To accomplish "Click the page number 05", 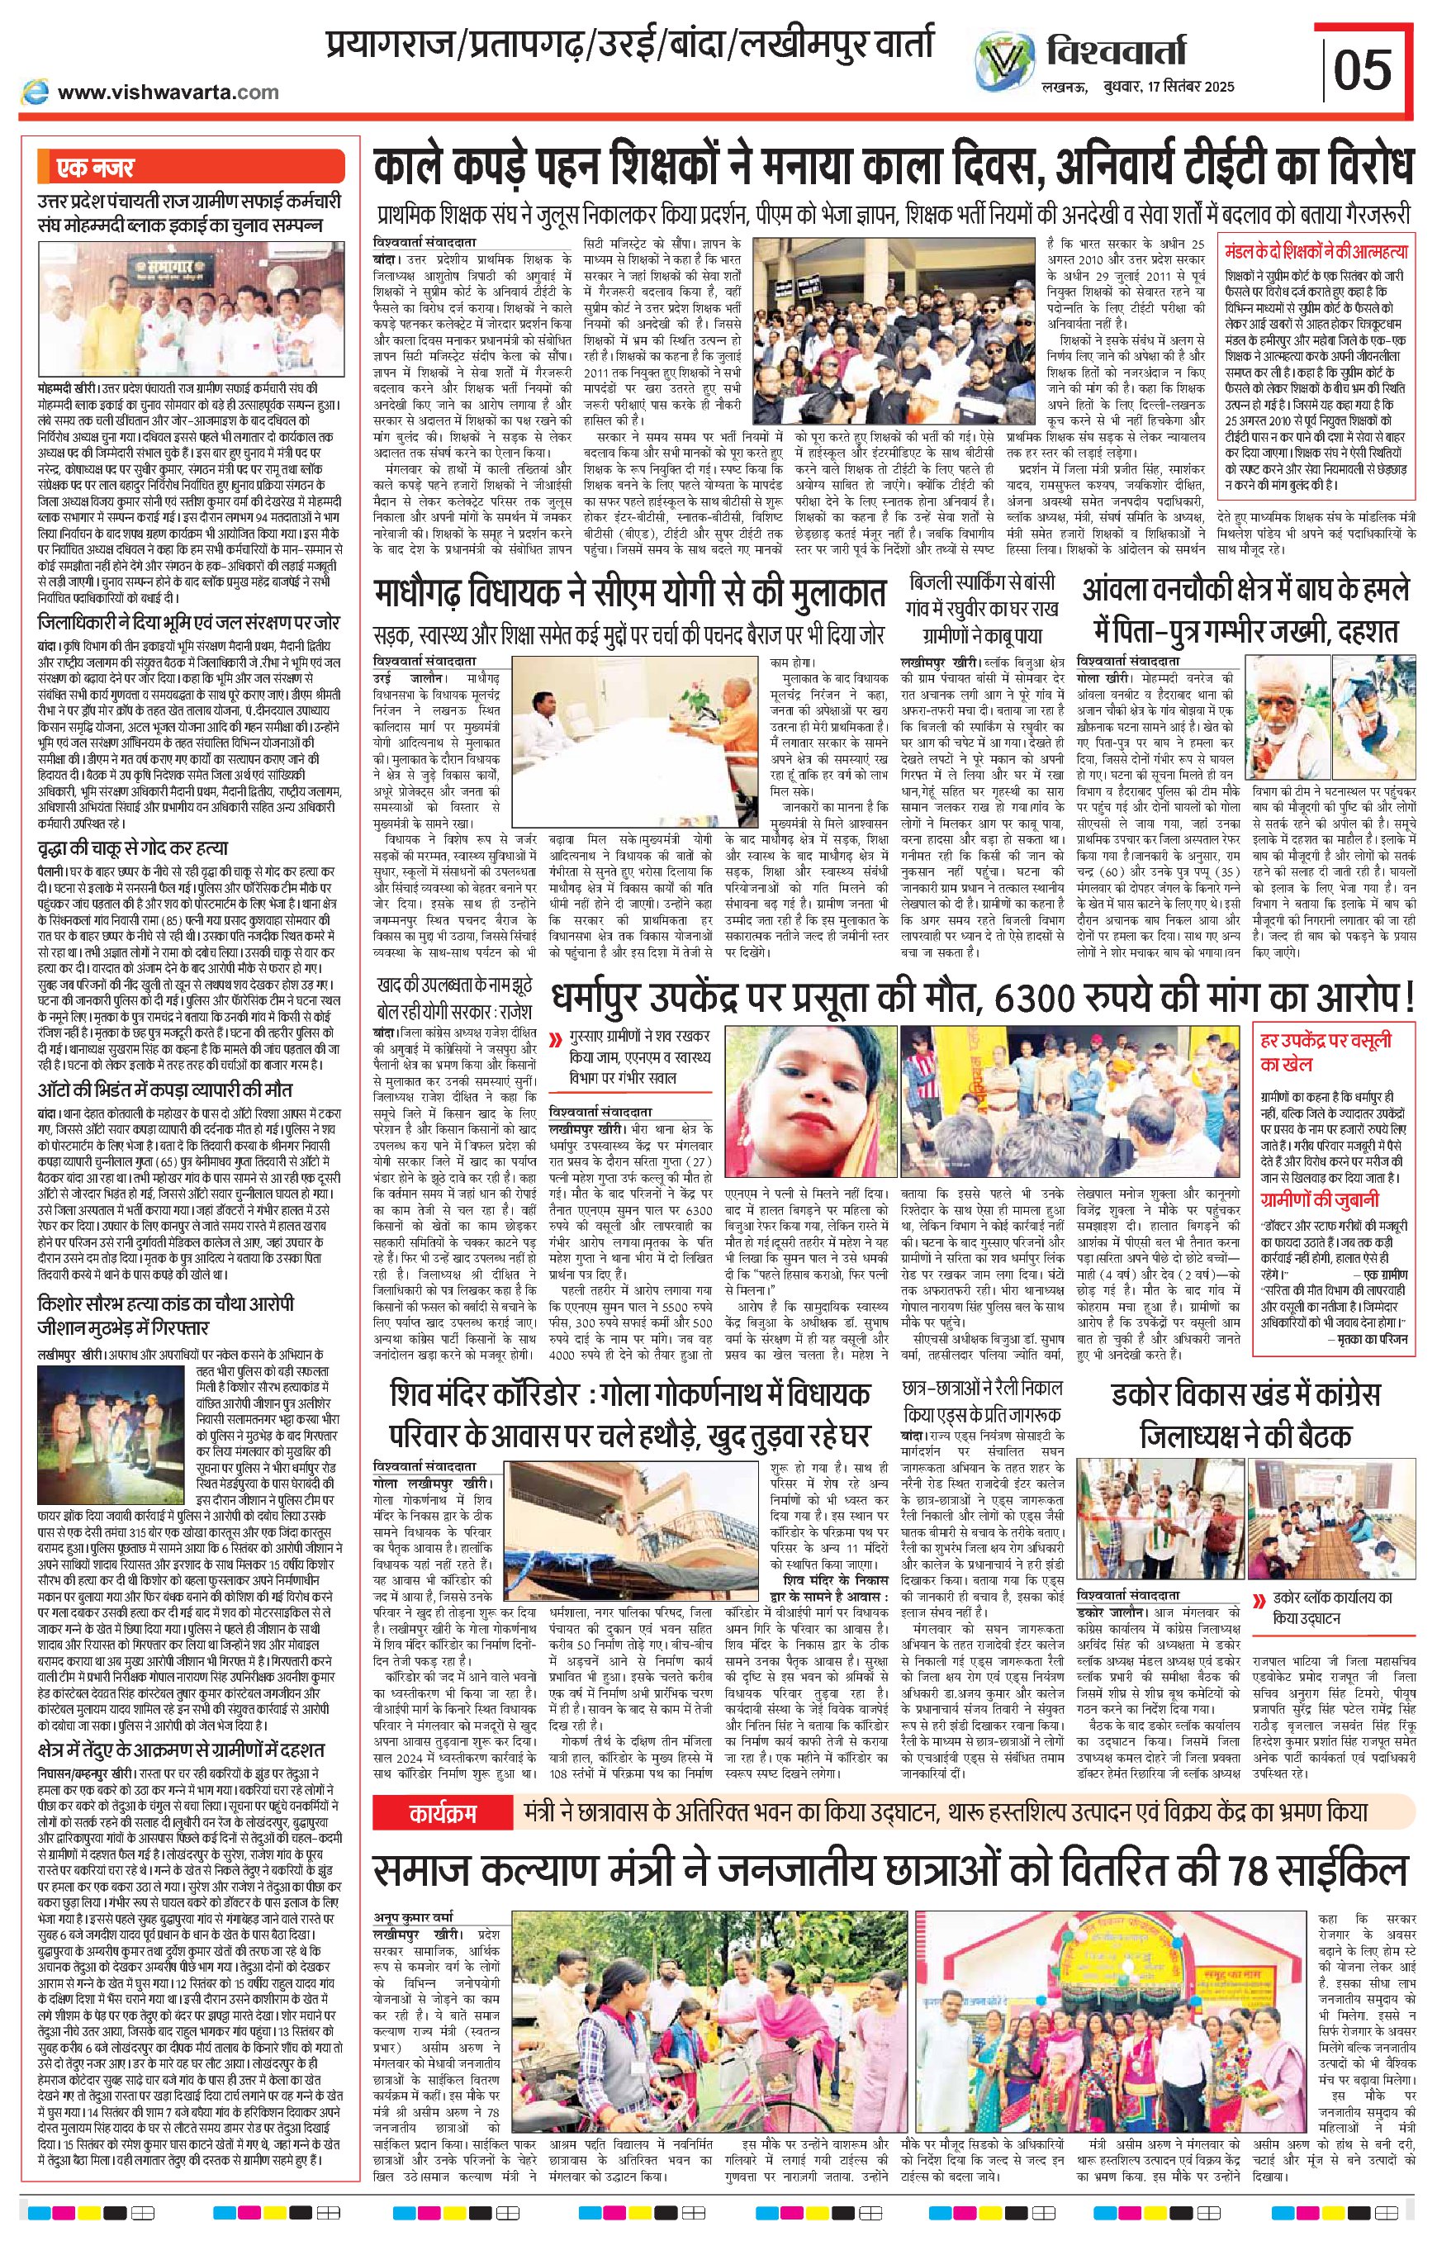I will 1363,69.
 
